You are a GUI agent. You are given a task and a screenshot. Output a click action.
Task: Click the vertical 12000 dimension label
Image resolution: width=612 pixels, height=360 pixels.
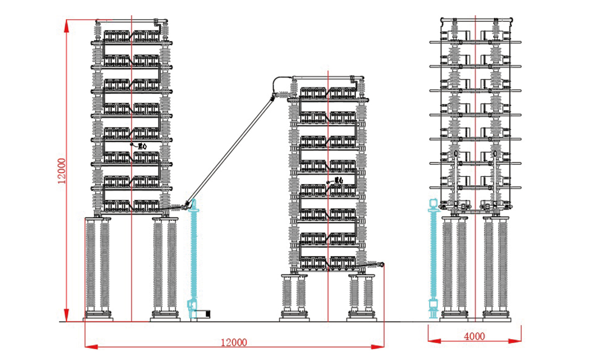63,171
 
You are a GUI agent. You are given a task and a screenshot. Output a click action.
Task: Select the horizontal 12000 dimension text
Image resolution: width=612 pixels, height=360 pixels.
233,342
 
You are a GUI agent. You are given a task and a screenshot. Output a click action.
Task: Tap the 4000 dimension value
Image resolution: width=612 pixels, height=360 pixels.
474,337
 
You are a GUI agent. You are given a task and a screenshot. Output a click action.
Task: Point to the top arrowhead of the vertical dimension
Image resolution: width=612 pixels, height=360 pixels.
67,25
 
